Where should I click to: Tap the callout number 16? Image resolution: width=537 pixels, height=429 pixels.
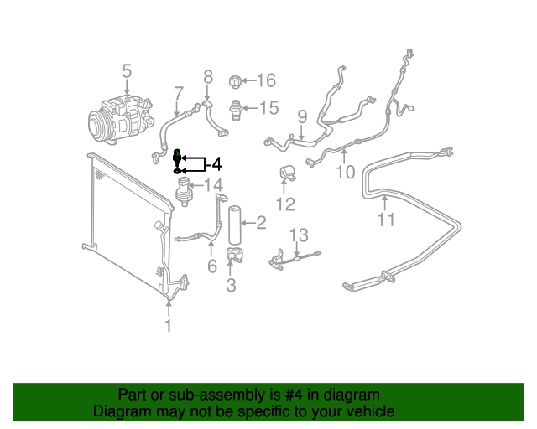[x=266, y=80]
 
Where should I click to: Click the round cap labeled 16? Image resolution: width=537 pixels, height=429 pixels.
[x=236, y=81]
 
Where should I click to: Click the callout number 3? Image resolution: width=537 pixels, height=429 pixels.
[x=231, y=286]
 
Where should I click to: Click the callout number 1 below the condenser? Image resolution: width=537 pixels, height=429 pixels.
[x=169, y=325]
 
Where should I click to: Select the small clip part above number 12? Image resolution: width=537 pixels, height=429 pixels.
[x=287, y=173]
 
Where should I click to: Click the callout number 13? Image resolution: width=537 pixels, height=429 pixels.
[x=300, y=235]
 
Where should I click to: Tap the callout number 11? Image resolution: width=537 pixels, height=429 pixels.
[x=384, y=220]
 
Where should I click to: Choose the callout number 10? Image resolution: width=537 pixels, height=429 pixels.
[x=345, y=173]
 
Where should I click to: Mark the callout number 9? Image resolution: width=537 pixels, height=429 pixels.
[x=301, y=116]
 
